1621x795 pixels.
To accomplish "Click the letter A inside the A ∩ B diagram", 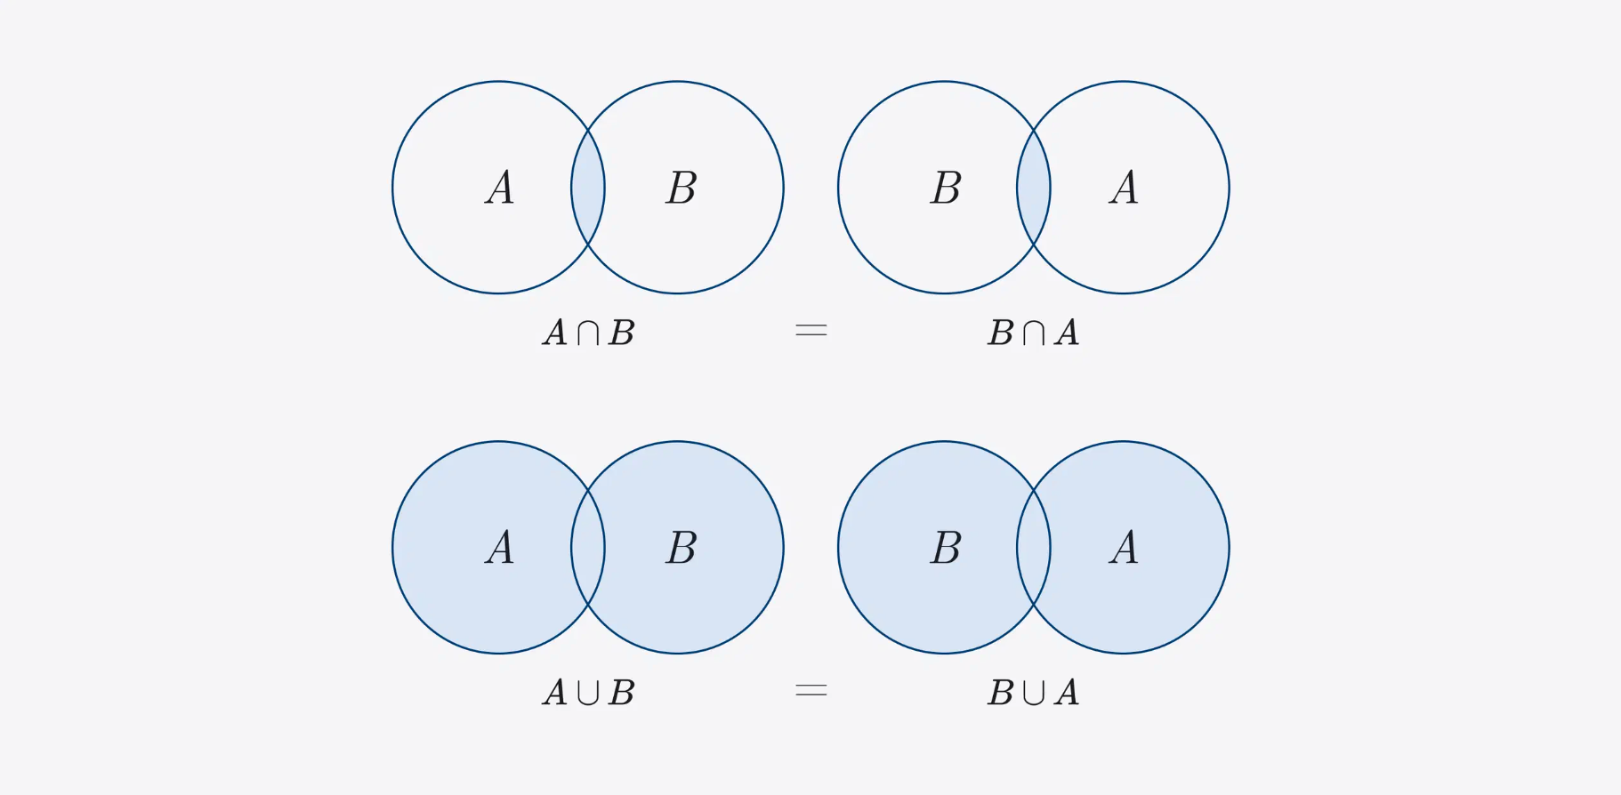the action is pos(500,188).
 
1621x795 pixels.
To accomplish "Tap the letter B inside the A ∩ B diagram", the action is pos(681,188).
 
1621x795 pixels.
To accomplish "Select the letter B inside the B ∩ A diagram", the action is pos(946,188).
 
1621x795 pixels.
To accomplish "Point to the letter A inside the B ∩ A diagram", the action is pos(1125,188).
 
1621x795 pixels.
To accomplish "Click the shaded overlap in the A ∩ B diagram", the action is pos(588,188).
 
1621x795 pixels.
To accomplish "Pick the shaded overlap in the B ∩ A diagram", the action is pos(1034,188).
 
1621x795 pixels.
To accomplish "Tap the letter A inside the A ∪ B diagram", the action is pos(500,548).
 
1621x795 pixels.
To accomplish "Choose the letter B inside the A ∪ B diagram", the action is pos(681,548).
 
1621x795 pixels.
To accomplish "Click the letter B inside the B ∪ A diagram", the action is pos(946,548).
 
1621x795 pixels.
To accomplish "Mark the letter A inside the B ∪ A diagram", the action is pos(1125,548).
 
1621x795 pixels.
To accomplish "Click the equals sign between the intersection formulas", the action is pos(810,331).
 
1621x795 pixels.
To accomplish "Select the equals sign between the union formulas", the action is pos(810,691).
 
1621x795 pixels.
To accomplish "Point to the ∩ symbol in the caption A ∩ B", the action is pos(588,333).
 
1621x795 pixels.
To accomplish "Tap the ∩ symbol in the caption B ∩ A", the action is pos(1034,333).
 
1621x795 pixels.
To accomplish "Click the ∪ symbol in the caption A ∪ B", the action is pos(588,693).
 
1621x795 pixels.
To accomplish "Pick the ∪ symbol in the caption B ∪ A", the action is pos(1034,693).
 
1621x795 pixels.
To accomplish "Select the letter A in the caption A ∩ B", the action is pos(555,333).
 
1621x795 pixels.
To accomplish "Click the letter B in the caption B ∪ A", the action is pos(1001,693).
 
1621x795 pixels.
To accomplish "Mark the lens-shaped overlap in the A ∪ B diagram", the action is pos(588,548).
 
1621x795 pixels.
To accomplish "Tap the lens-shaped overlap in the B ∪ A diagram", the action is pos(1034,548).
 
